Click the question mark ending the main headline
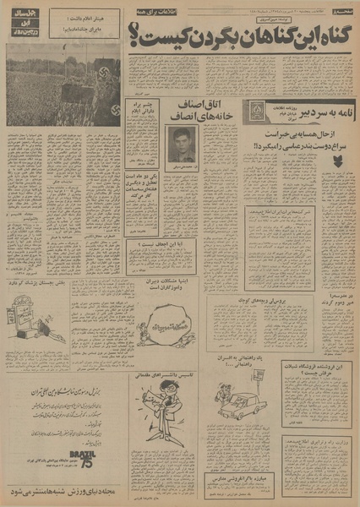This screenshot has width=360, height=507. pyautogui.click(x=135, y=32)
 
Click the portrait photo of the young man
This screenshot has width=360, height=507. pyautogui.click(x=183, y=139)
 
